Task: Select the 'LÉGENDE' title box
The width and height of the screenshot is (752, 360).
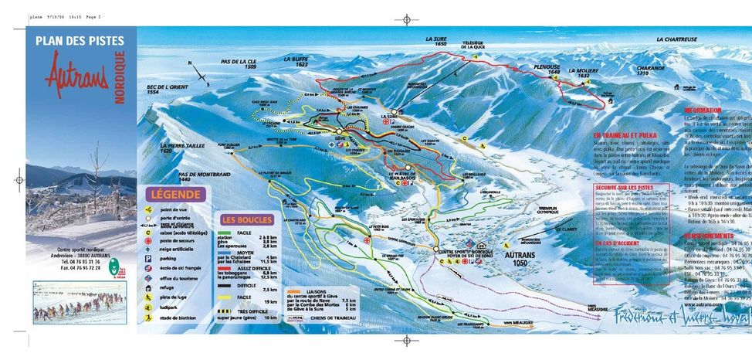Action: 176,195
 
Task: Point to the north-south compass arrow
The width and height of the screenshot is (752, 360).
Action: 197,71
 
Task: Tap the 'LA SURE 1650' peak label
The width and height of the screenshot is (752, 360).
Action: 436,41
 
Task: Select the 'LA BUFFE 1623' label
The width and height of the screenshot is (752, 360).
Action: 296,62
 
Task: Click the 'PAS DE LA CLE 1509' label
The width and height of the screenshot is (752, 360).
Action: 239,65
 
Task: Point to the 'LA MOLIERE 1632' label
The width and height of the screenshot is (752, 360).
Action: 584,73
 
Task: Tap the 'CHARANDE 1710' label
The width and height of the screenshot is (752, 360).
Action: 651,70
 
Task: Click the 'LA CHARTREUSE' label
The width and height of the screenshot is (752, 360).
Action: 676,39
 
